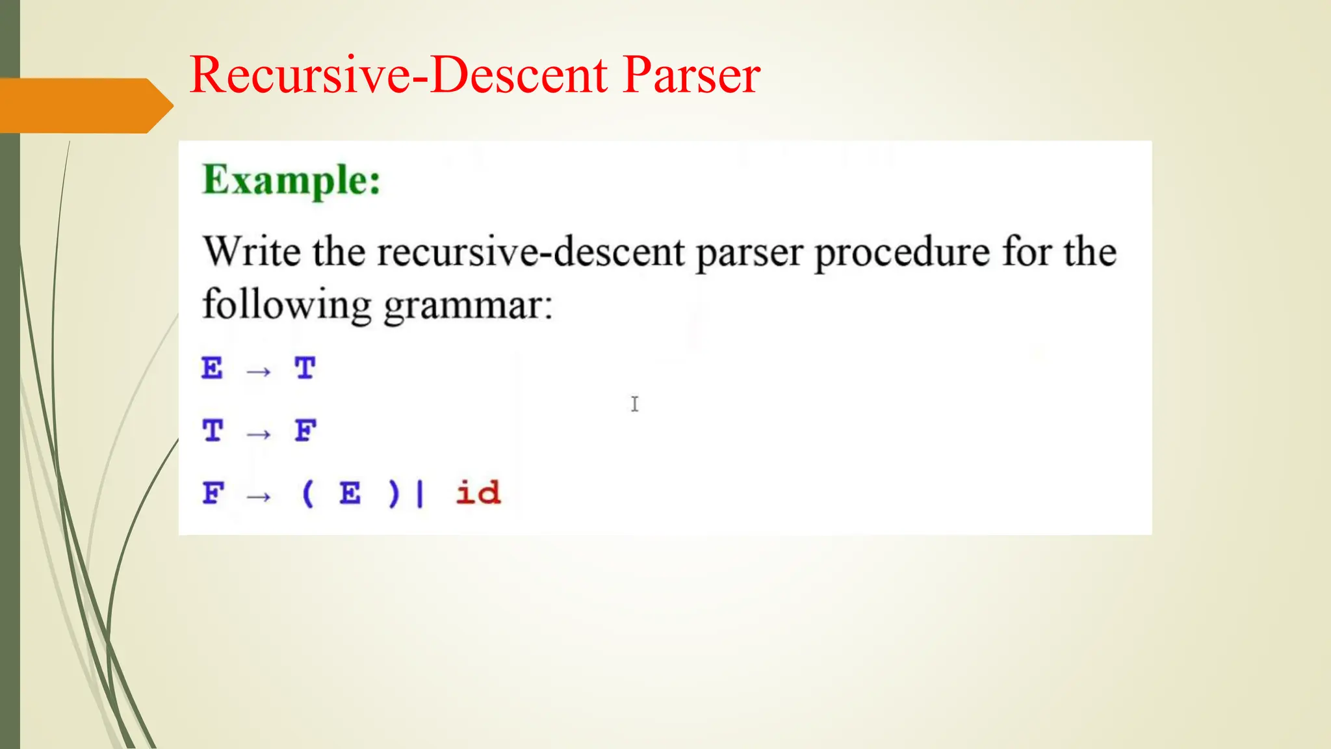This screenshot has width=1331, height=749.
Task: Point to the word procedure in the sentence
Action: [x=901, y=253]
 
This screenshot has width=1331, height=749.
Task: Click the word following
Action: [x=287, y=305]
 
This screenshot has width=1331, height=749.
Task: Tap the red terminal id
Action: [x=478, y=493]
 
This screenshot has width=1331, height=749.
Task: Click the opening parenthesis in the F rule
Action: [x=308, y=493]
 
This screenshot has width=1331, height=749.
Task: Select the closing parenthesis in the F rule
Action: [x=393, y=493]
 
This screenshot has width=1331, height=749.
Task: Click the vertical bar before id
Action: [x=420, y=493]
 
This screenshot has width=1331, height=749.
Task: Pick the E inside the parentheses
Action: [x=350, y=493]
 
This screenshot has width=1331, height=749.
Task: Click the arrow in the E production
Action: [x=259, y=372]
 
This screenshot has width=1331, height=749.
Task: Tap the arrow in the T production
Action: [x=259, y=434]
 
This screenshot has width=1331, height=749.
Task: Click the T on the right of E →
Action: [x=305, y=369]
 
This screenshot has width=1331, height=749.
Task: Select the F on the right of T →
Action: [x=305, y=430]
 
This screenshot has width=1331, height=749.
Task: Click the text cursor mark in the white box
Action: [x=634, y=404]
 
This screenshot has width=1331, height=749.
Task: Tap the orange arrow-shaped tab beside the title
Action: [x=84, y=105]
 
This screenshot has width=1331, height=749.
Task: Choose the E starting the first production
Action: [x=212, y=369]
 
